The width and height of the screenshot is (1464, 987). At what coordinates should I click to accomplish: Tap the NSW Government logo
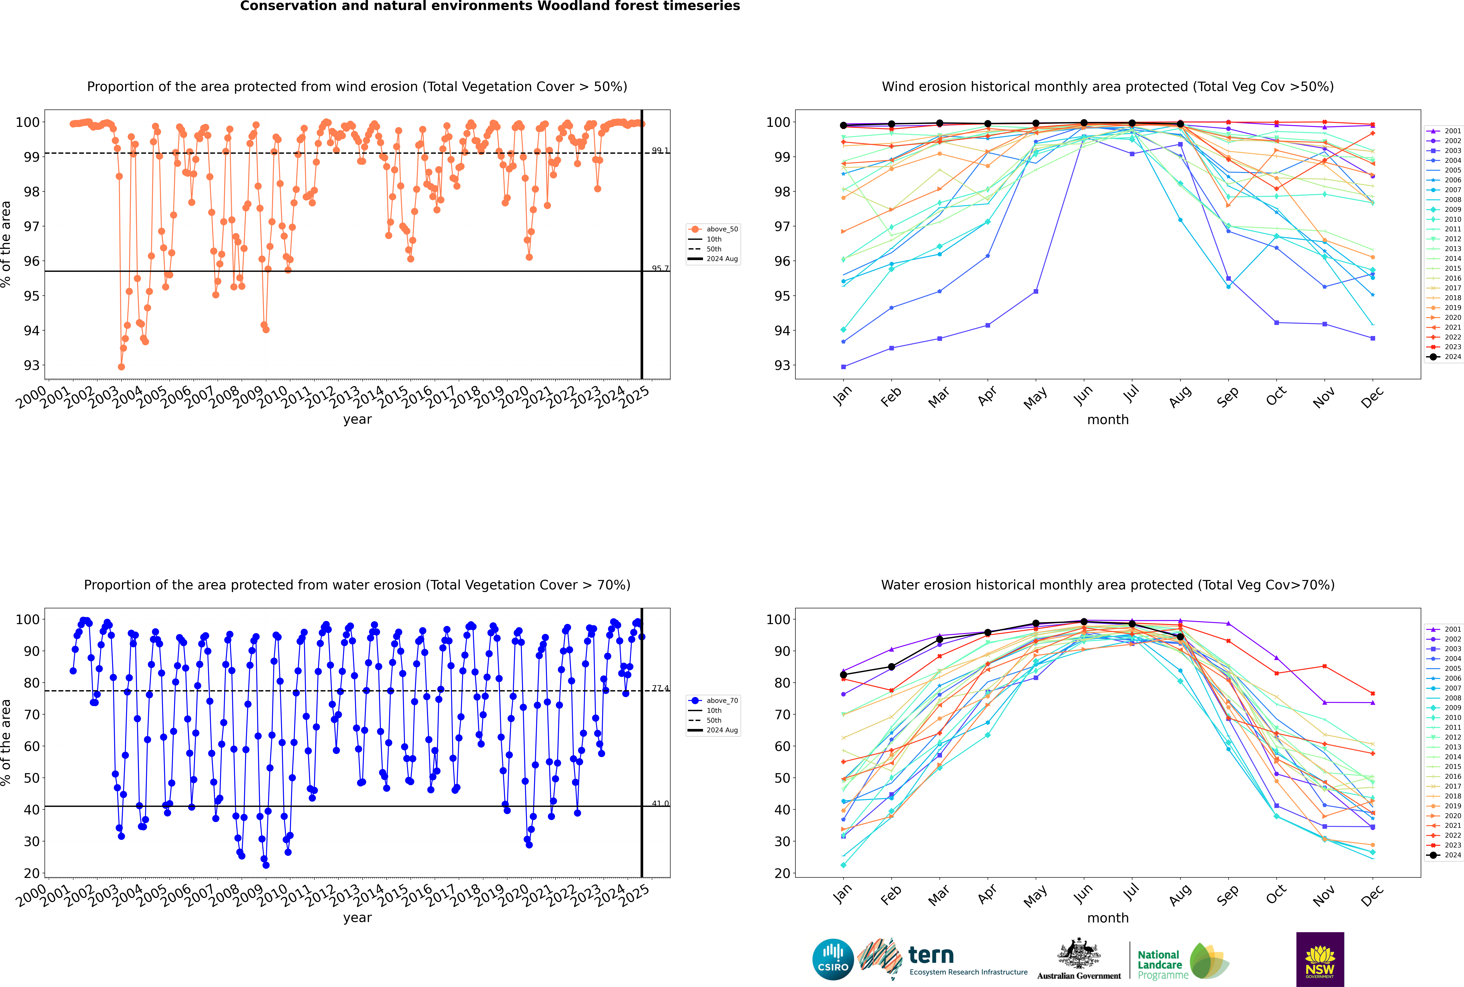pyautogui.click(x=1320, y=959)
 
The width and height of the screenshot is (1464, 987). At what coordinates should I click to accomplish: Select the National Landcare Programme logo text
pyautogui.click(x=1159, y=964)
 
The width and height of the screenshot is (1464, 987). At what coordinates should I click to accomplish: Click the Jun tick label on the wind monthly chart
pyautogui.click(x=1083, y=395)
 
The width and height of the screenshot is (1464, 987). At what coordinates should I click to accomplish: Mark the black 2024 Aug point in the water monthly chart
pyautogui.click(x=1180, y=637)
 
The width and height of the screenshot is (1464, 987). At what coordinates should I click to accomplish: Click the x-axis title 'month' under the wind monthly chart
pyautogui.click(x=1108, y=420)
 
